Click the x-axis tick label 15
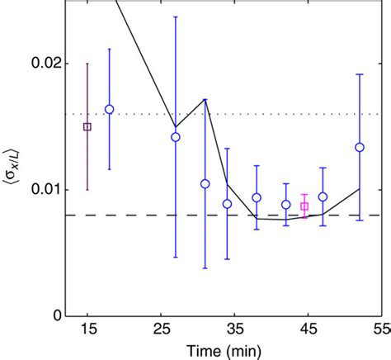(x=87, y=331)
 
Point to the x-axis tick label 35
(x=233, y=331)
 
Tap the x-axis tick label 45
(x=306, y=331)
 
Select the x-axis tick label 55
(x=378, y=331)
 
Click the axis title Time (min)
(x=224, y=350)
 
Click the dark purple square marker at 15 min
(x=87, y=126)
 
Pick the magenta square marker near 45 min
(x=304, y=206)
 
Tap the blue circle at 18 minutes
(x=109, y=109)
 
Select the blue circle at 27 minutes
(x=175, y=137)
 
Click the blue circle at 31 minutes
(x=205, y=183)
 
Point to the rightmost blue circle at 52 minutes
(x=359, y=147)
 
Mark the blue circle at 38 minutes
(x=257, y=197)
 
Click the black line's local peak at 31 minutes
(x=205, y=99)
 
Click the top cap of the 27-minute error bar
(x=175, y=17)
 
